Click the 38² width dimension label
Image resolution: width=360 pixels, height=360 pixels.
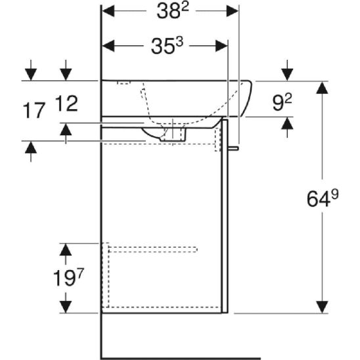coord(173,11)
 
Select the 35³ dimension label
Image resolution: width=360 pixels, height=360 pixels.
coord(167,46)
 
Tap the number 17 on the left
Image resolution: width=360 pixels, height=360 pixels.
coord(34,110)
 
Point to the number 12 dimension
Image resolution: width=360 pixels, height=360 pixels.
coord(66,104)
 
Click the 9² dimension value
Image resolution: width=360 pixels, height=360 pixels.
coord(282,102)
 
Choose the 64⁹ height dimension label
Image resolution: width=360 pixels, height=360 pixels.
coord(323,198)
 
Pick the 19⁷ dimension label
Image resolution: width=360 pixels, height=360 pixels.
coord(68,277)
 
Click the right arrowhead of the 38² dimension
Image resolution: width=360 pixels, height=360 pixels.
coord(233,11)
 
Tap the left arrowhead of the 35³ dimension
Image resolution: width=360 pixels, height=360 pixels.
coord(108,46)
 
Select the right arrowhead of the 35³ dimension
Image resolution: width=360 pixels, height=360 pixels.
coord(221,46)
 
